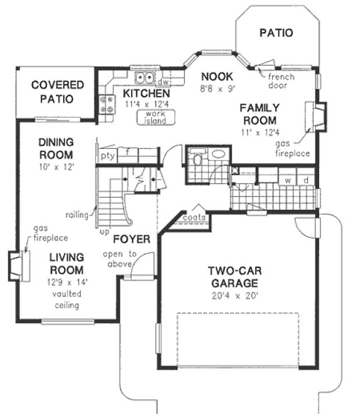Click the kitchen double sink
(146, 78)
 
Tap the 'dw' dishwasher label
(163, 82)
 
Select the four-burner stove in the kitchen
(106, 103)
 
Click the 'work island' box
(155, 117)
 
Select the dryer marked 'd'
(306, 180)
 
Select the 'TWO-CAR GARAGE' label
(236, 277)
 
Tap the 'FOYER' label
(131, 239)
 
